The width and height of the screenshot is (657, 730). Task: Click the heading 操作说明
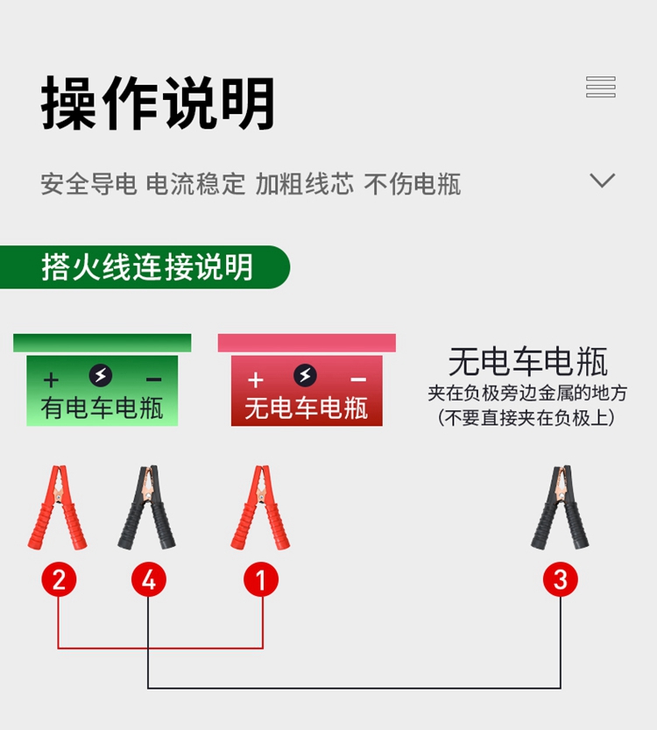[x=158, y=103]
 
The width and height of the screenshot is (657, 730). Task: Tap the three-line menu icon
[x=601, y=87]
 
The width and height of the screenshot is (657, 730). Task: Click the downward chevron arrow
[x=602, y=181]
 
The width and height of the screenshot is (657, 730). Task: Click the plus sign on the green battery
[x=51, y=379]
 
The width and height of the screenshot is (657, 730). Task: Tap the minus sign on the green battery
[x=153, y=379]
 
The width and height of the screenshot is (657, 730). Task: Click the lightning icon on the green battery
[x=102, y=377]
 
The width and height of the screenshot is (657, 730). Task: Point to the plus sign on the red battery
[x=255, y=379]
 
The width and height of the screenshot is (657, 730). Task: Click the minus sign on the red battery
[x=357, y=379]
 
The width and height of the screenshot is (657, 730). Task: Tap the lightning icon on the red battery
[x=305, y=377]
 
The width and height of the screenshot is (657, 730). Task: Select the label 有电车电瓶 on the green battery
[x=102, y=408]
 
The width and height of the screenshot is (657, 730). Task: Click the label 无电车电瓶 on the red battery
[x=306, y=408]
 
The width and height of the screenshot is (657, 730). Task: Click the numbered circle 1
[x=261, y=579]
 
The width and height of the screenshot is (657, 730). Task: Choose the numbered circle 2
[x=59, y=579]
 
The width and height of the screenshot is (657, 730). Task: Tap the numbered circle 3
[x=561, y=579]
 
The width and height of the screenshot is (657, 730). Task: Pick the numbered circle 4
[x=148, y=579]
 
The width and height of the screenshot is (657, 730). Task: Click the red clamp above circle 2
[x=57, y=508]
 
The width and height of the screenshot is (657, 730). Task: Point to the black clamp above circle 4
[x=147, y=508]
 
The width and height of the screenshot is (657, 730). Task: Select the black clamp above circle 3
[x=560, y=508]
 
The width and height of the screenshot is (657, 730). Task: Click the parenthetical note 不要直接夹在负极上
[x=526, y=418]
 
